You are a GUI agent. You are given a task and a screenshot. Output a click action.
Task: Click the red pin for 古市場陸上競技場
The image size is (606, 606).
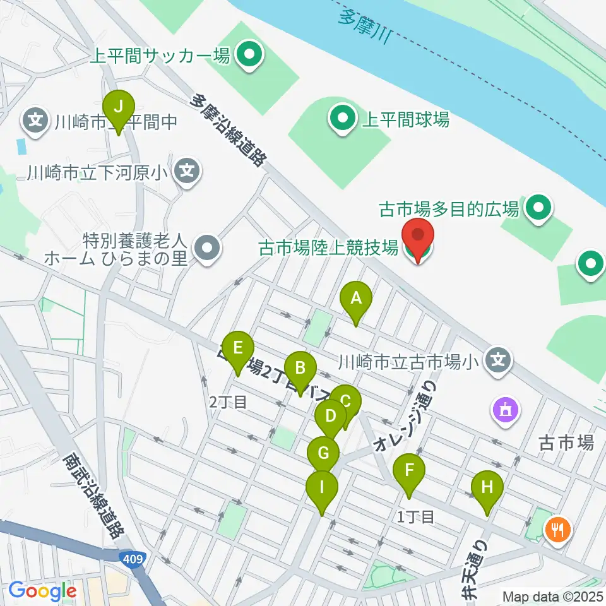click(418, 237)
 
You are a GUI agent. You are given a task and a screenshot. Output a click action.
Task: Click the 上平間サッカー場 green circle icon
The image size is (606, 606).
click(249, 55)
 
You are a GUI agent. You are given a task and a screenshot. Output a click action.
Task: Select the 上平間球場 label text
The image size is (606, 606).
click(405, 119)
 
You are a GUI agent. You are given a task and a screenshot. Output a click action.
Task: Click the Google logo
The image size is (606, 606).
click(42, 591)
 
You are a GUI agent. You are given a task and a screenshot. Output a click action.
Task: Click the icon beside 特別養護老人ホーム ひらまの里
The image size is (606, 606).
click(206, 249)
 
